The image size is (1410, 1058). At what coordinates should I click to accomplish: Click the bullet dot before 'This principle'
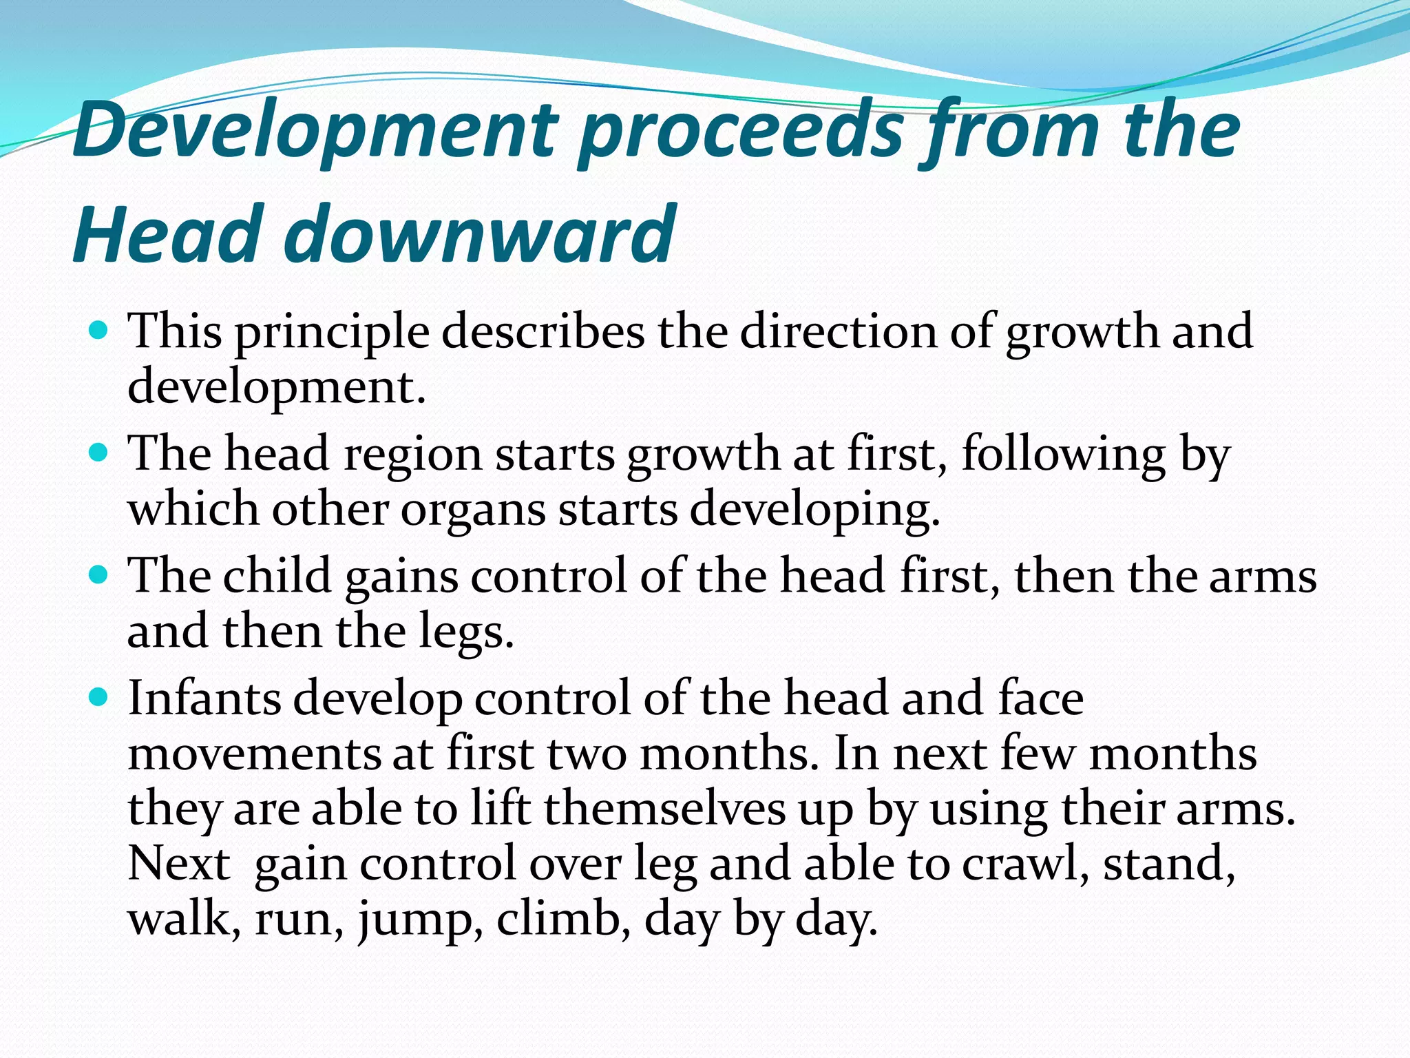99,331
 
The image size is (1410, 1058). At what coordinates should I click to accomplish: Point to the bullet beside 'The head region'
99,453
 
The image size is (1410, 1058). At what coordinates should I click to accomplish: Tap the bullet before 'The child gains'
99,575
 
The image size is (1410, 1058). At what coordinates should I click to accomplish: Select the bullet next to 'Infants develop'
99,698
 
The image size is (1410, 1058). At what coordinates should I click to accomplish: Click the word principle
332,333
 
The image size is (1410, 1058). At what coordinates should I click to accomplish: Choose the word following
1063,455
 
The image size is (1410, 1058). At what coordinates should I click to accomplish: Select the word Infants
204,698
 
